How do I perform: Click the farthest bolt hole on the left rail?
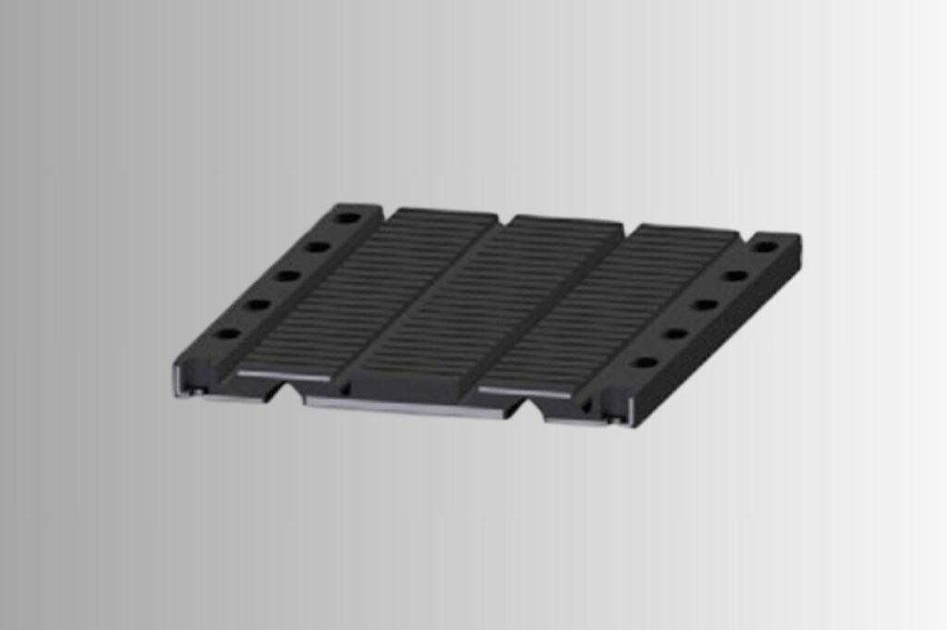tap(348, 218)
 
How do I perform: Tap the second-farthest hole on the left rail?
tap(317, 247)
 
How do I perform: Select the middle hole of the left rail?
tap(288, 276)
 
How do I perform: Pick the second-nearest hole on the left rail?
tap(257, 304)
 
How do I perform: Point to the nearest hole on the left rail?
tap(227, 333)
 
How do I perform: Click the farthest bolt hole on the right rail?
tap(765, 247)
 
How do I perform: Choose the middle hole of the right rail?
tap(706, 304)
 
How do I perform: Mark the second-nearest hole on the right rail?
tap(676, 333)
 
